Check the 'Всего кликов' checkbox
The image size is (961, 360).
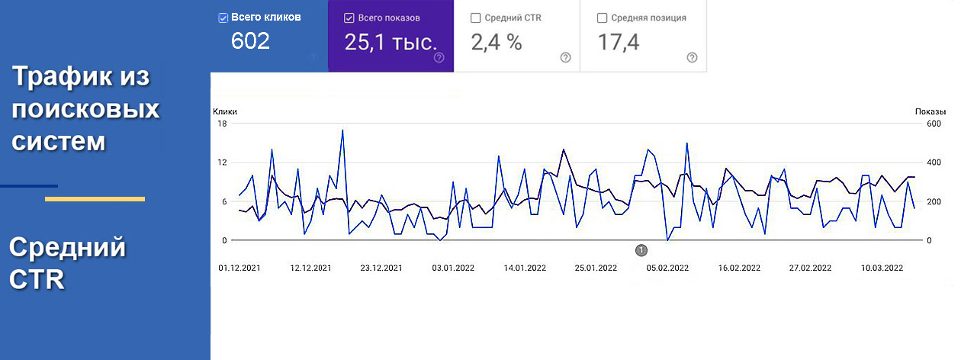tap(223, 17)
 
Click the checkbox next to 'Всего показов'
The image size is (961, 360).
tap(349, 18)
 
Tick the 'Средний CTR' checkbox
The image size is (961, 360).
tap(476, 18)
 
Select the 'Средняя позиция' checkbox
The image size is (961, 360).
tap(603, 18)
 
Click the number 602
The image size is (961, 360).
tap(250, 41)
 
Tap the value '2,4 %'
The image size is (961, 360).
tap(497, 42)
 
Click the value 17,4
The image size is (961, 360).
tap(618, 42)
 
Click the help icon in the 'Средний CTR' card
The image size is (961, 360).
tap(565, 57)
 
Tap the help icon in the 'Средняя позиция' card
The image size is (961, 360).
tap(692, 57)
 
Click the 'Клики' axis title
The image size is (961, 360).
tap(225, 111)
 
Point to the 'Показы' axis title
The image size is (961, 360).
tap(930, 111)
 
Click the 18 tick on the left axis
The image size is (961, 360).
tap(223, 124)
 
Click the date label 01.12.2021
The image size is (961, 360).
tap(239, 268)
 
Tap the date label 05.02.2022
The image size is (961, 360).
tap(667, 268)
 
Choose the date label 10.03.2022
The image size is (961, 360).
tap(882, 268)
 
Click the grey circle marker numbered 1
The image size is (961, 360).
tap(641, 249)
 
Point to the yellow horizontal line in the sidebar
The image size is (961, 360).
tap(95, 199)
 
